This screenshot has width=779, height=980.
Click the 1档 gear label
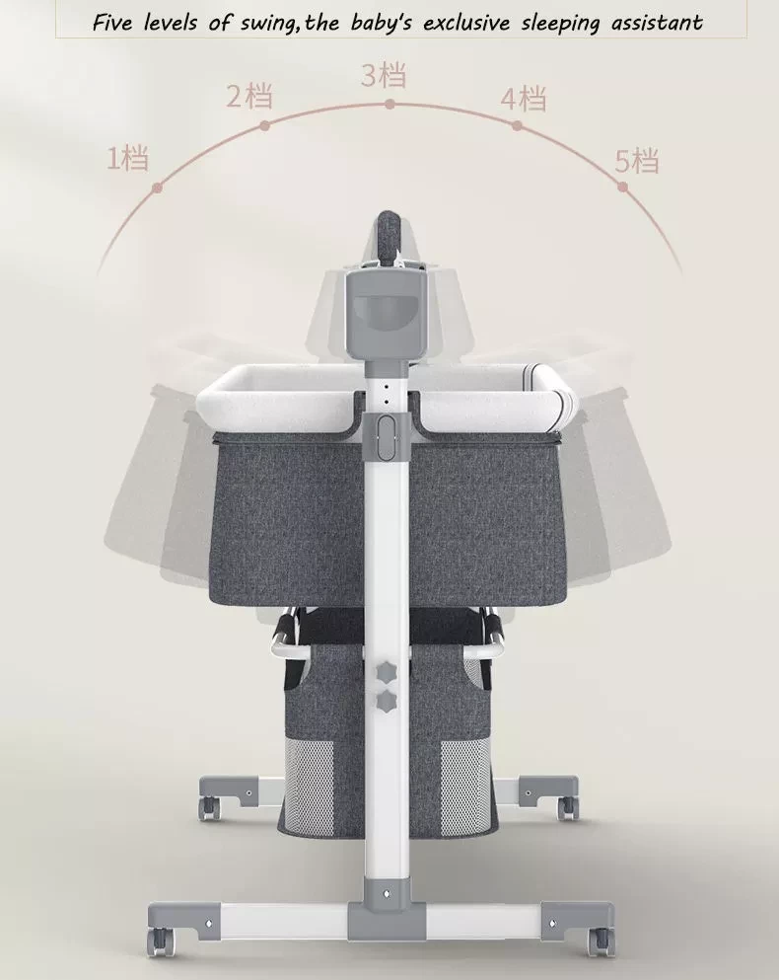[128, 158]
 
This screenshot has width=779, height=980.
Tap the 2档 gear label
[249, 97]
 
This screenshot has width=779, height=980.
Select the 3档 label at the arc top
[384, 75]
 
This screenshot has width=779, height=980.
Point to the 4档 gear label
[524, 99]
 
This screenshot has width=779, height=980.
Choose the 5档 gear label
[637, 161]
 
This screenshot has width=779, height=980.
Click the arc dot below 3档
[389, 105]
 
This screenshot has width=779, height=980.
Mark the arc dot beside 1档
[157, 187]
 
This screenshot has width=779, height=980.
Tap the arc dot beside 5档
[622, 187]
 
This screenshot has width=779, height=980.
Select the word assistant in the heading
[657, 23]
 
